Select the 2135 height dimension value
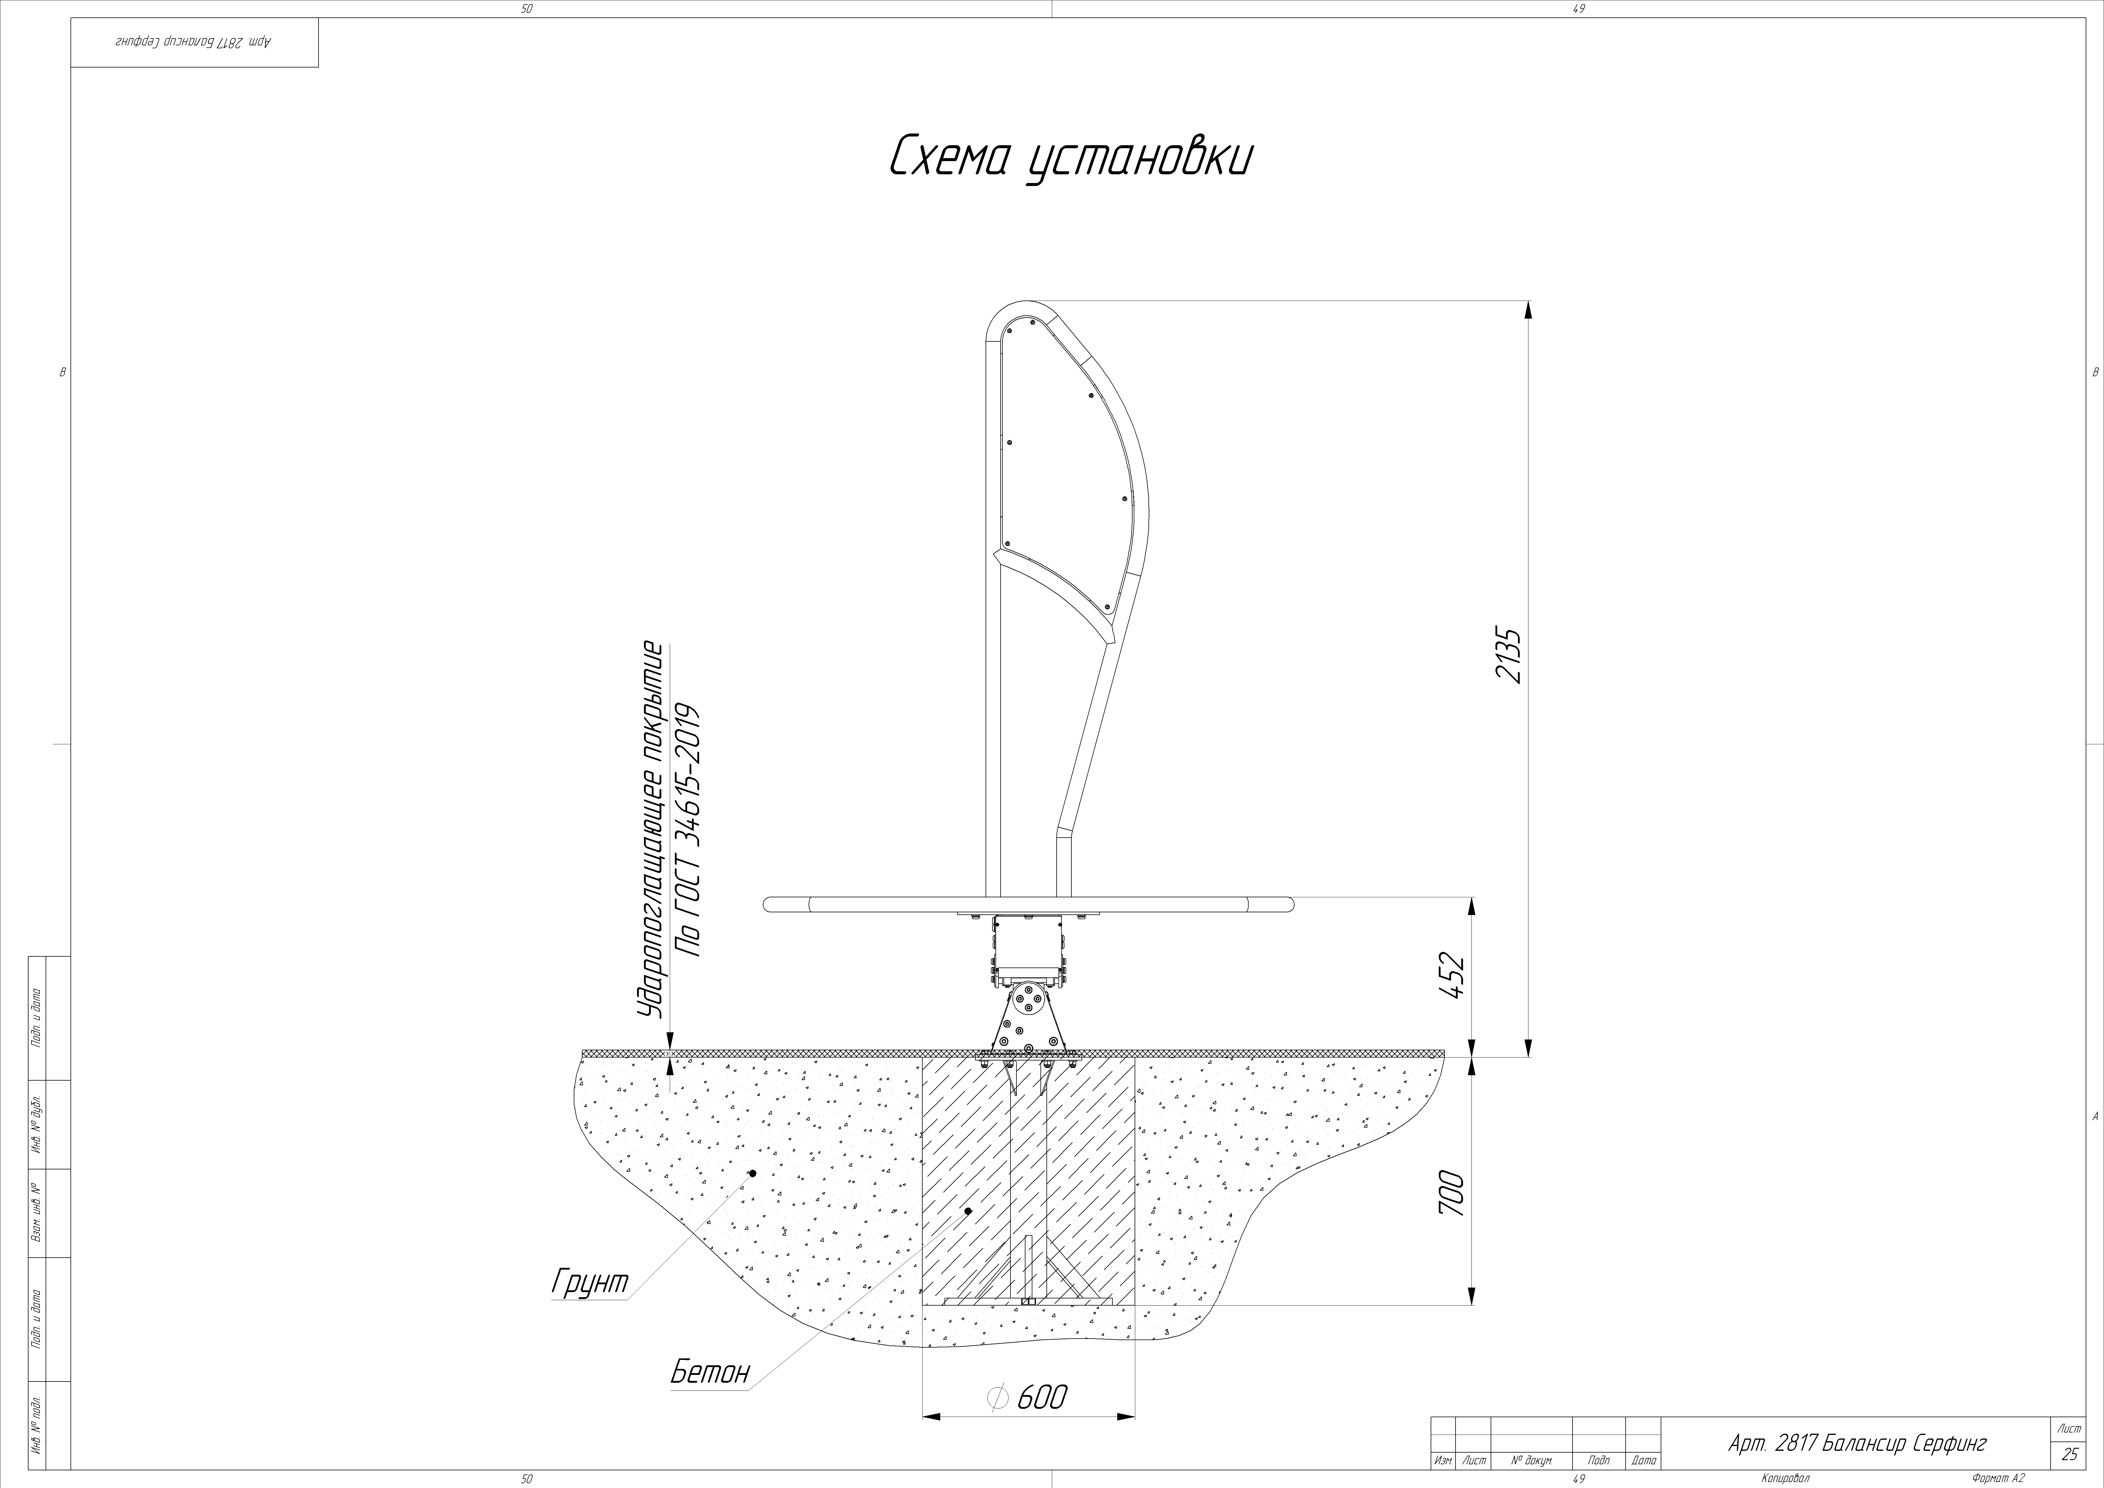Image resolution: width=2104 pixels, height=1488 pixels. pyautogui.click(x=1507, y=655)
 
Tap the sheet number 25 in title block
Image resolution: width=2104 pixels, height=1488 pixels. pyautogui.click(x=2069, y=1454)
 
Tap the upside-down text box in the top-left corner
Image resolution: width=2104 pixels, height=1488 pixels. pyautogui.click(x=194, y=42)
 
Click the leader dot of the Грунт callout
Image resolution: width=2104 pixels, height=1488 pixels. pyautogui.click(x=753, y=1173)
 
